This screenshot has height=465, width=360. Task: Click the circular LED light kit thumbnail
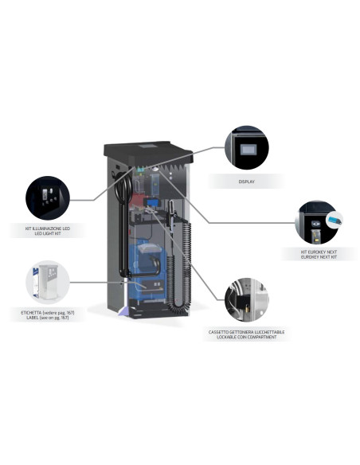49,198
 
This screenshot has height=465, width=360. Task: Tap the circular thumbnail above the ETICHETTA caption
47,281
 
